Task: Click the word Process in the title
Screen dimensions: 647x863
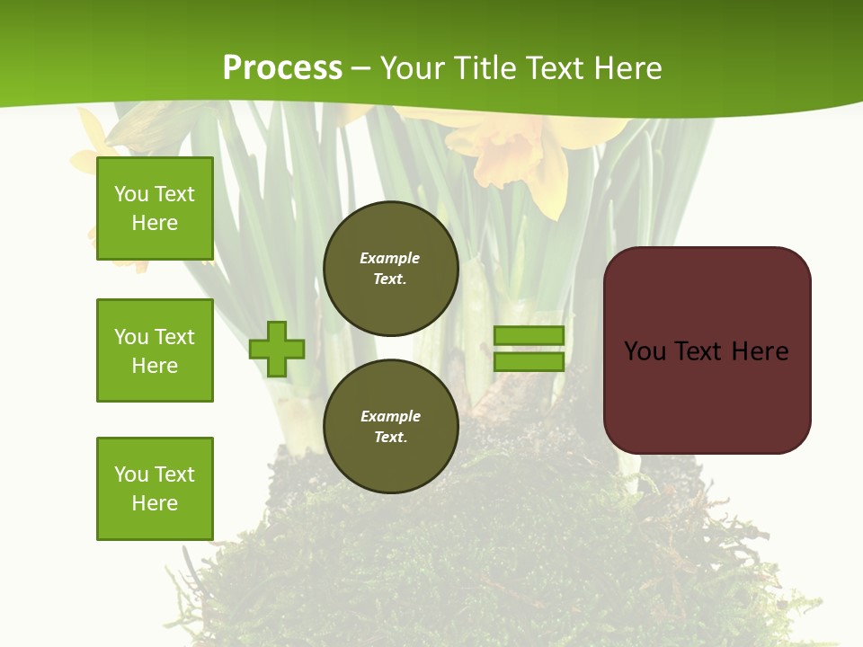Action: pyautogui.click(x=282, y=68)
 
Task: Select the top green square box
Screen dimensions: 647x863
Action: pyautogui.click(x=155, y=208)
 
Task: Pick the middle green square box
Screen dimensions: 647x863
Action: pyautogui.click(x=155, y=350)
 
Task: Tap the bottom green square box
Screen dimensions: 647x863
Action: pyautogui.click(x=155, y=489)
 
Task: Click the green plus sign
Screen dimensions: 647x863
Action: pyautogui.click(x=277, y=349)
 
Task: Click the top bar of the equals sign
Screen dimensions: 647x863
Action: pyautogui.click(x=529, y=336)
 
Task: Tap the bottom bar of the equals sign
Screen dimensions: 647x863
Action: pyautogui.click(x=529, y=362)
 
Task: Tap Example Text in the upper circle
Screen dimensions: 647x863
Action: pyautogui.click(x=390, y=268)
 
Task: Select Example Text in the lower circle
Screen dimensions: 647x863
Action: pyautogui.click(x=390, y=426)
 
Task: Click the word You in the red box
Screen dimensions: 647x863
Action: pyautogui.click(x=645, y=351)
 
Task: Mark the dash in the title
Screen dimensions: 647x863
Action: pyautogui.click(x=361, y=68)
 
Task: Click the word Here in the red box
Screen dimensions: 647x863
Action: pyautogui.click(x=760, y=351)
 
